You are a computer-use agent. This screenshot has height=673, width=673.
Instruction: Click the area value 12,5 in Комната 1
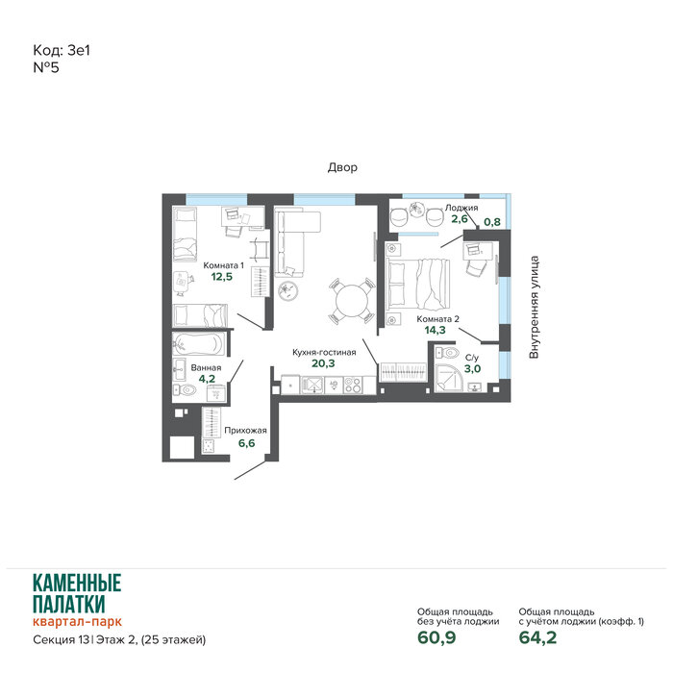[221, 277]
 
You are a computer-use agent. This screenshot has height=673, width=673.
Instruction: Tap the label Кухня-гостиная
[324, 353]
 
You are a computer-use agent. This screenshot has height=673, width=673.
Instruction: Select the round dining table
[352, 301]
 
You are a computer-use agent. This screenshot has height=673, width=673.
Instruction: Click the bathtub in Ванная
[198, 343]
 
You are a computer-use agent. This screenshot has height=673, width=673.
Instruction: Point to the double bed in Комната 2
[418, 284]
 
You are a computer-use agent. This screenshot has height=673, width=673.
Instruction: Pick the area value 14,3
[435, 330]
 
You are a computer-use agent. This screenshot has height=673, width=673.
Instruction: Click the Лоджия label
[461, 208]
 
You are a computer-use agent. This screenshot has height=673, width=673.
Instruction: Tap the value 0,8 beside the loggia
[492, 222]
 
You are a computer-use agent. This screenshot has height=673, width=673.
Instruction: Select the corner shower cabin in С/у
[449, 378]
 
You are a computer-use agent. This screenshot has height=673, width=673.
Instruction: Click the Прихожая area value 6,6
[246, 443]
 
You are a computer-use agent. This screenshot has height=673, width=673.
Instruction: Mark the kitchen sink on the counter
[312, 385]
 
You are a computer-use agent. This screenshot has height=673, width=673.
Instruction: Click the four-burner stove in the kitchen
[353, 385]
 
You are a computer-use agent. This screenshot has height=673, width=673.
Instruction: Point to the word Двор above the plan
[342, 167]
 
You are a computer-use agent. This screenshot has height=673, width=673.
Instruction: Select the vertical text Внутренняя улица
[534, 308]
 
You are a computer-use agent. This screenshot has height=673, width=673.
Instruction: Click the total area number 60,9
[436, 637]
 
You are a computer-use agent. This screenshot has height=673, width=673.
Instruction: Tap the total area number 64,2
[537, 637]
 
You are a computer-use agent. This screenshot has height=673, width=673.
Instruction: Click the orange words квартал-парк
[77, 621]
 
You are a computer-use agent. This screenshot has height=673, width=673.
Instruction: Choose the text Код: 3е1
[62, 51]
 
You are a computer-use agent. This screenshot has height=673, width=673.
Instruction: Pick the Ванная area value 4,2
[207, 379]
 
